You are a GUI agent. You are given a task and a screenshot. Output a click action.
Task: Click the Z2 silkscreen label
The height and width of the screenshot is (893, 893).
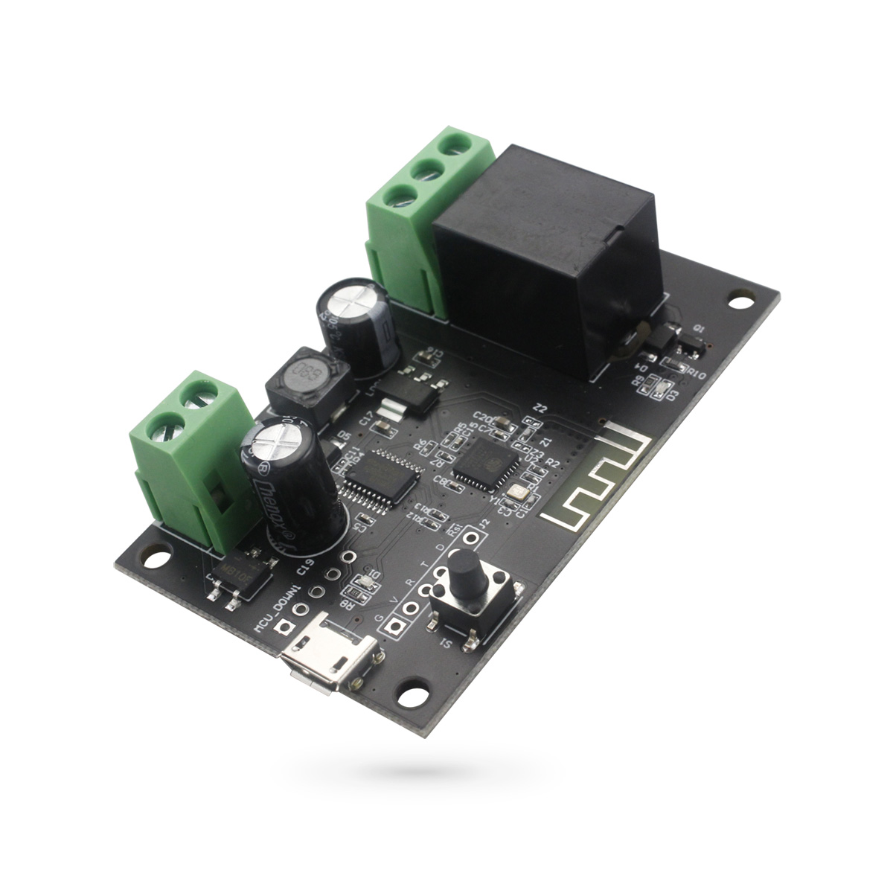(540, 409)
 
